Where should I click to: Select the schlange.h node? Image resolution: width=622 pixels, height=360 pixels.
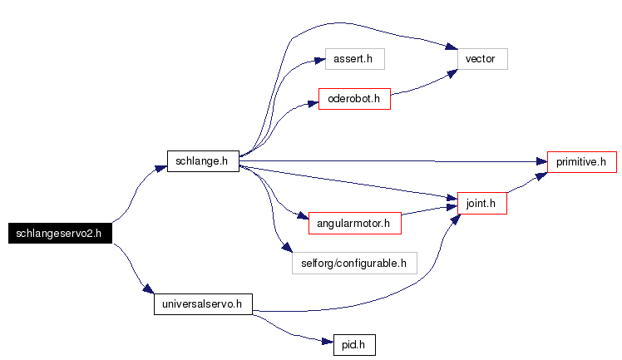click(x=203, y=161)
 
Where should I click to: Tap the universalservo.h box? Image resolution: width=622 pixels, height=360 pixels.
click(x=203, y=304)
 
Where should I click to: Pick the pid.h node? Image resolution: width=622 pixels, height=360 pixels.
click(x=354, y=345)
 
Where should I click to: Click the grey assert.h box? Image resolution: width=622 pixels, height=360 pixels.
click(x=354, y=59)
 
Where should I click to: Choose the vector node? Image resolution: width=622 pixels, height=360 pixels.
click(x=482, y=59)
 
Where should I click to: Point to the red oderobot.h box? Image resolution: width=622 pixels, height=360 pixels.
click(x=354, y=99)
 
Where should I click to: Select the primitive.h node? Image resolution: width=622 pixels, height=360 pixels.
click(x=582, y=162)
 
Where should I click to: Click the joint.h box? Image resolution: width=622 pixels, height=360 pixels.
click(x=482, y=204)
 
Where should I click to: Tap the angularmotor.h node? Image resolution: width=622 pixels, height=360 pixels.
click(x=354, y=223)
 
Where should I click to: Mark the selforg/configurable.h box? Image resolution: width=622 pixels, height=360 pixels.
click(x=354, y=264)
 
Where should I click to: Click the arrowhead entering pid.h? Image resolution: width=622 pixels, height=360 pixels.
click(x=328, y=342)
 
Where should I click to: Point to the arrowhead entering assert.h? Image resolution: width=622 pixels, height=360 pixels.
click(x=319, y=60)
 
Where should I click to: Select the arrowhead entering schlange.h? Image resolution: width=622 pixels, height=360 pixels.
click(x=161, y=169)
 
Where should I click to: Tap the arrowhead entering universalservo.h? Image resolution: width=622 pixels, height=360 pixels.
click(x=148, y=288)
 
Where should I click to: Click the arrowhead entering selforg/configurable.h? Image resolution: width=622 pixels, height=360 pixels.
click(x=287, y=248)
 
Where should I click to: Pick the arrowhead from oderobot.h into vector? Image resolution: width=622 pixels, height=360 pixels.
click(x=452, y=73)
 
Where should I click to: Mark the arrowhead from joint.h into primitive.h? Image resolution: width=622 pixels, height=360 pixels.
click(x=541, y=176)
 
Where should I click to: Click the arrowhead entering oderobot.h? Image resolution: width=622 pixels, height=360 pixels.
click(x=313, y=104)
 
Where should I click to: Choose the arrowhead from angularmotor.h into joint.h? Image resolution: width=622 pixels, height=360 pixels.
click(x=452, y=206)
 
